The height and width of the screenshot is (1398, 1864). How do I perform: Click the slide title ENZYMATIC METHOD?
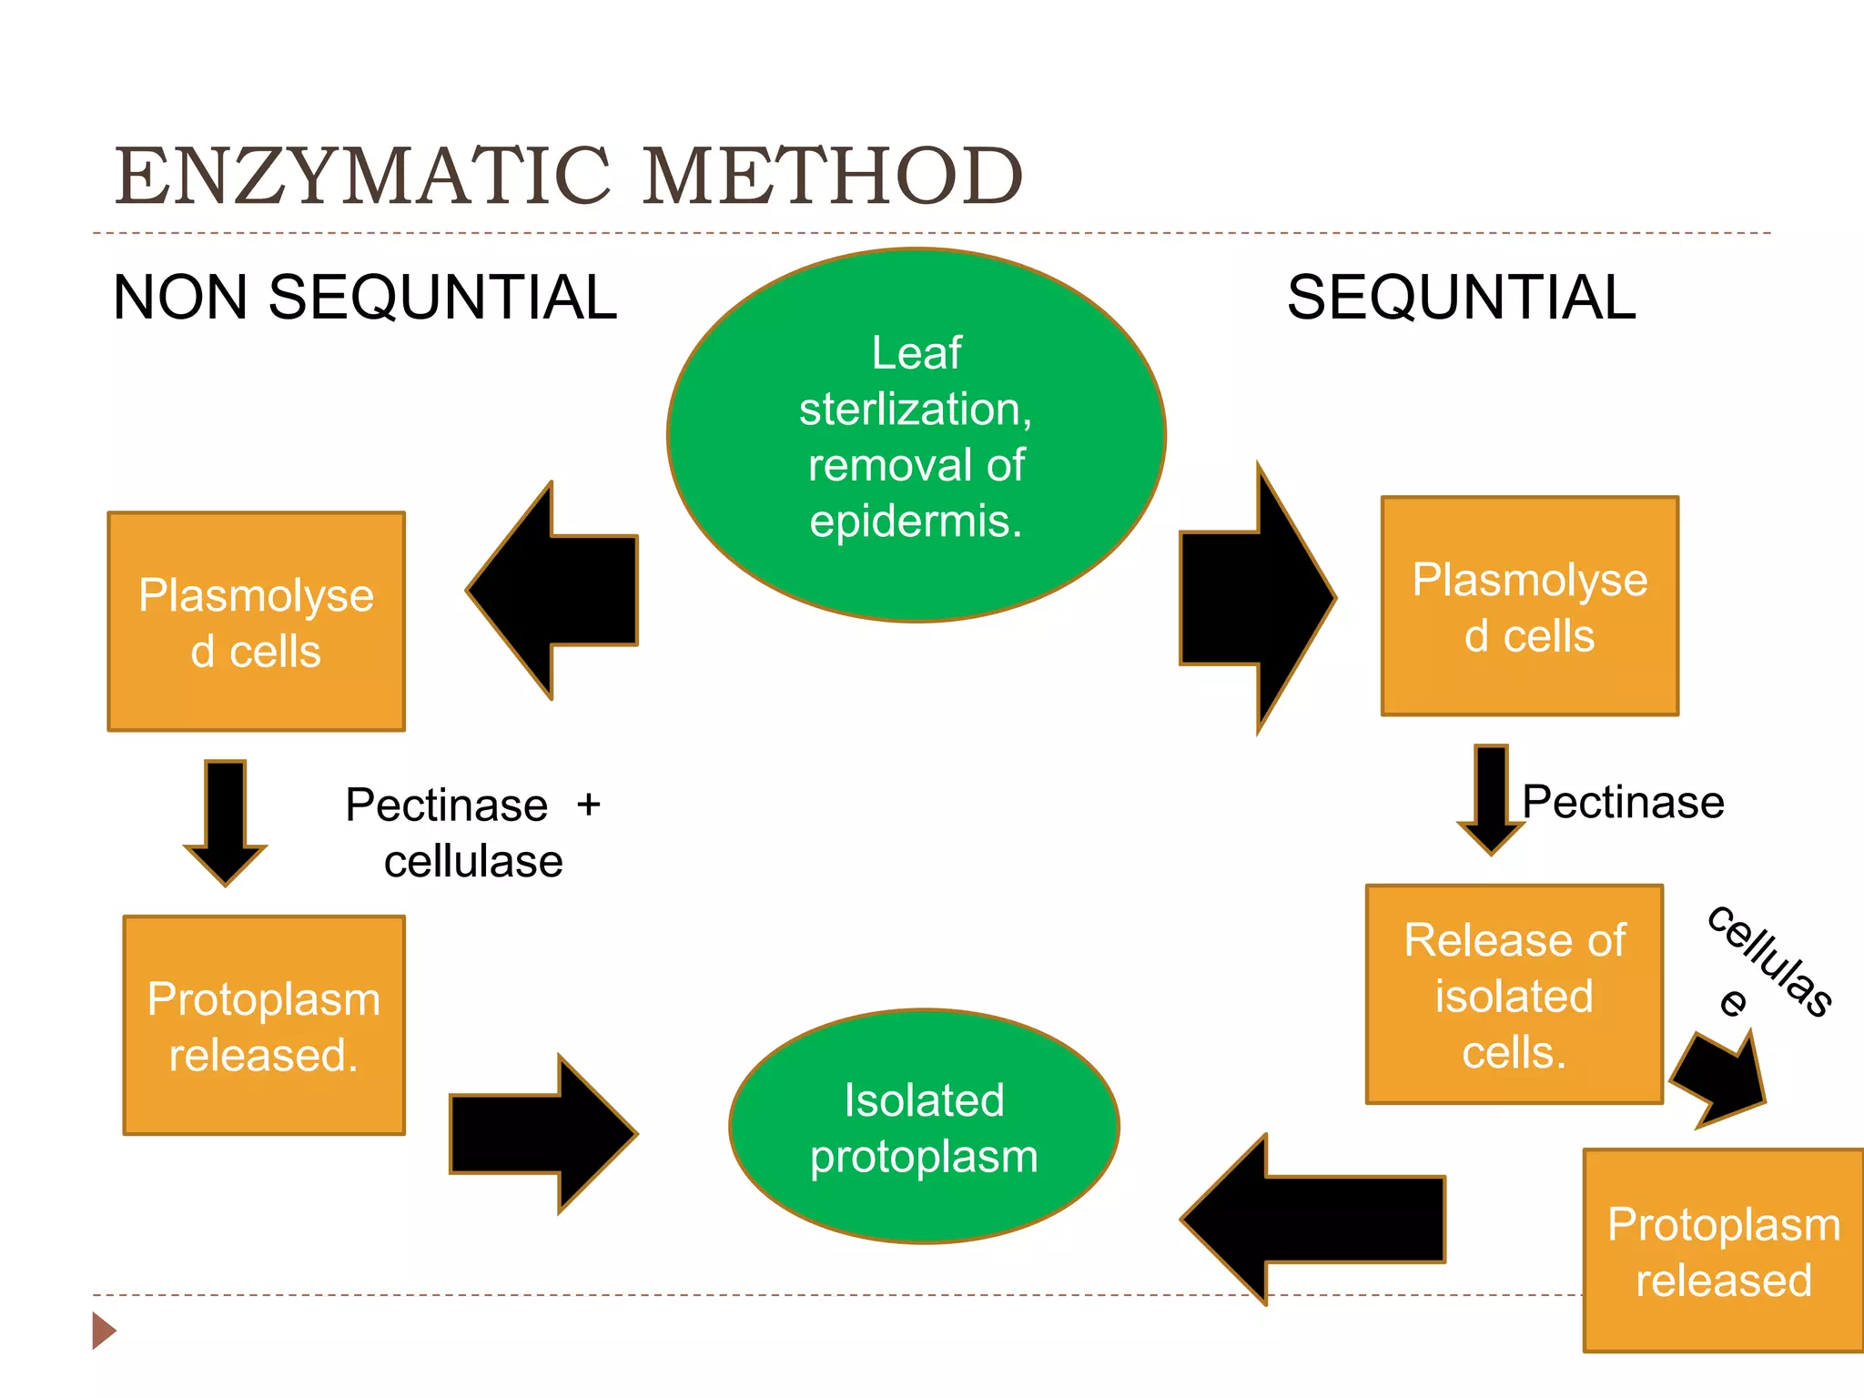[569, 175]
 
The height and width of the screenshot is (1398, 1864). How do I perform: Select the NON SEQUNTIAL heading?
[364, 298]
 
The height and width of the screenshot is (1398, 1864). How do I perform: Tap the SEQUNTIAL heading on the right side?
[1461, 298]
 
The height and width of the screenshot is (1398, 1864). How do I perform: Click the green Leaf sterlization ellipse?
[916, 435]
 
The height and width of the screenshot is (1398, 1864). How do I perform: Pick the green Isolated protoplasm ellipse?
[924, 1127]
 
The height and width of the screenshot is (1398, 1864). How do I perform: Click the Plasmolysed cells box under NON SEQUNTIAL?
[256, 622]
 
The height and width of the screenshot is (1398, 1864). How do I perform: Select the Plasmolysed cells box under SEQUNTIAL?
[1529, 606]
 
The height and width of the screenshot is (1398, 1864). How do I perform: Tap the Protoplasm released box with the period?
[264, 1026]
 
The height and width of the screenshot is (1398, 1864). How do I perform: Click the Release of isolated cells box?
[1514, 995]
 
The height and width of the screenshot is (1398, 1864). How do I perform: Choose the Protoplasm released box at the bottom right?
[1723, 1251]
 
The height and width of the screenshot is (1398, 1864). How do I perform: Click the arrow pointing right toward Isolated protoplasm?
[542, 1134]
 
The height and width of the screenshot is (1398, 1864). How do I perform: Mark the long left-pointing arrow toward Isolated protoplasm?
[1315, 1220]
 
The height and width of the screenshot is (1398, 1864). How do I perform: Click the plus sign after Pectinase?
[589, 805]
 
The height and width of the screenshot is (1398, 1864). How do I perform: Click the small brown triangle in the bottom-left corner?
[103, 1331]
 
